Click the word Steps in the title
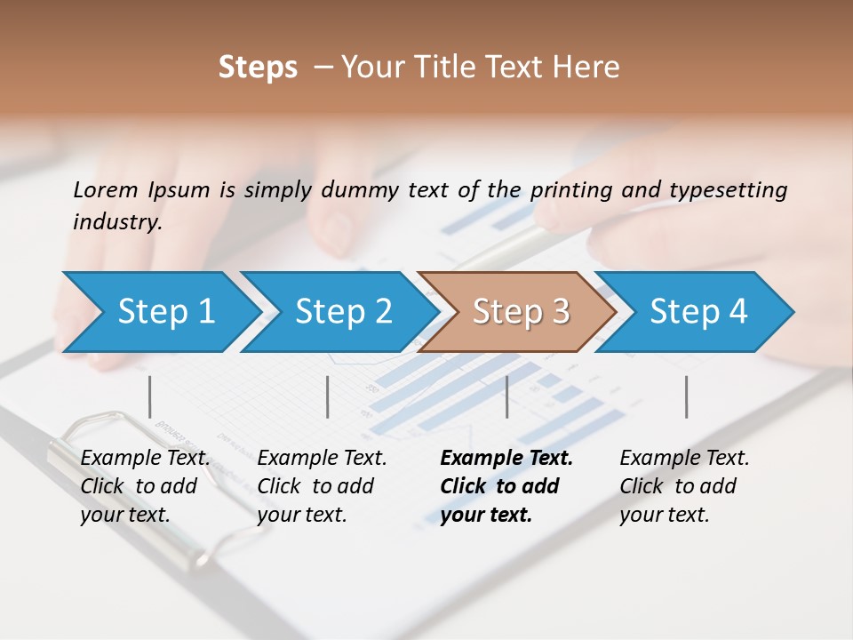click(x=258, y=68)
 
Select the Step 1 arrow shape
click(x=160, y=311)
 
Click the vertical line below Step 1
click(x=150, y=396)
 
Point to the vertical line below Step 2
click(x=328, y=396)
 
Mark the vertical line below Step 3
click(x=506, y=396)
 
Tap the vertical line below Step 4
click(x=686, y=396)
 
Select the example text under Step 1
click(x=144, y=486)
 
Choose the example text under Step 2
click(x=321, y=486)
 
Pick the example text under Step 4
click(x=683, y=486)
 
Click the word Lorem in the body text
click(x=106, y=189)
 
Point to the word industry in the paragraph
click(x=117, y=222)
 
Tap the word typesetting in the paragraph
click(x=728, y=190)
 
